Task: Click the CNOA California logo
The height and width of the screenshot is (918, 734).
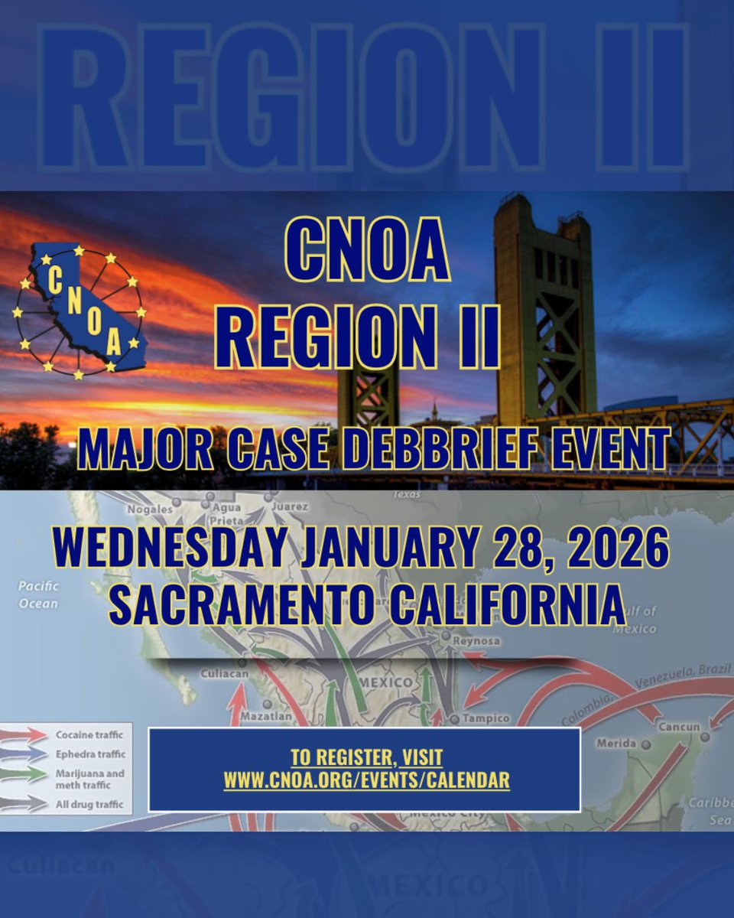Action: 80,311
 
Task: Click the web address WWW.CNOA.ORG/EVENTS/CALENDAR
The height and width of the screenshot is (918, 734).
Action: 365,780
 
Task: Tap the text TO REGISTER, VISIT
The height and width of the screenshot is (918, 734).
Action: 365,758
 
